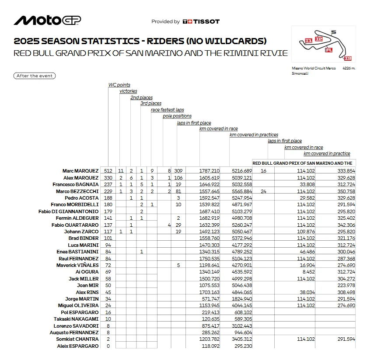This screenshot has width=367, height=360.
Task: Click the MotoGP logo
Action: click(x=47, y=21)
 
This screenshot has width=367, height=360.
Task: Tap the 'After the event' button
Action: click(x=35, y=76)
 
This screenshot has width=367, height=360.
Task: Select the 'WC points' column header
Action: click(x=119, y=85)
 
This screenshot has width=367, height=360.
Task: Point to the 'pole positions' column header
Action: click(x=177, y=116)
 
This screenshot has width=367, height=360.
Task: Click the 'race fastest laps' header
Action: click(x=168, y=110)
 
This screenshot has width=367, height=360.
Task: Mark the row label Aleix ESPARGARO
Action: click(x=78, y=346)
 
